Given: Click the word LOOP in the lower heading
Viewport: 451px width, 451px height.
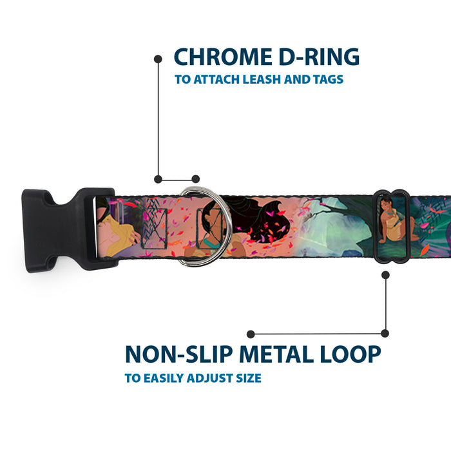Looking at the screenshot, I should [351, 354].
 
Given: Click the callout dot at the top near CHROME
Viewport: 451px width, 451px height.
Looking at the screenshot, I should [158, 59].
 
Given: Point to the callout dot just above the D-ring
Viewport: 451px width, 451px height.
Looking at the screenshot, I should [196, 179].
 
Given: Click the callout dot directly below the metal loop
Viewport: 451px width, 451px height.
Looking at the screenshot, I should [385, 274].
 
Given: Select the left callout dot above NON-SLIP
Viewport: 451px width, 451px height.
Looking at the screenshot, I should [251, 334].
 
